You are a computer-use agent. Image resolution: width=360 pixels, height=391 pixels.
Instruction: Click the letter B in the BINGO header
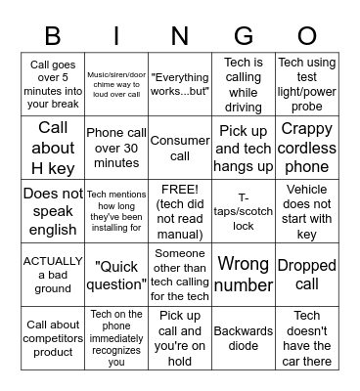click(53, 37)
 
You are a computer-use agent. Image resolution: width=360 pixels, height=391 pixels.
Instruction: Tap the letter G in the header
click(243, 37)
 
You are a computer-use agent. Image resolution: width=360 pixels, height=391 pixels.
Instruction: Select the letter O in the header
click(306, 37)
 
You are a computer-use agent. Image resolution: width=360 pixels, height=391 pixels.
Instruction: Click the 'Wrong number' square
click(244, 275)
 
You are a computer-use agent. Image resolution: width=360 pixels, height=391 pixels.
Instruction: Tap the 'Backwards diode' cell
click(244, 338)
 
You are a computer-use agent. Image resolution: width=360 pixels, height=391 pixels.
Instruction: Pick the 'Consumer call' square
click(180, 148)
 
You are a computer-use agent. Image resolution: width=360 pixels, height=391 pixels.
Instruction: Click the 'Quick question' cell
click(117, 275)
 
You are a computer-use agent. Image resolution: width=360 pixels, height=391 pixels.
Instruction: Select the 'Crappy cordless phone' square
click(306, 148)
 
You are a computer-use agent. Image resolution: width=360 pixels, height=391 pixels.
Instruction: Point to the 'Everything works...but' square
click(180, 84)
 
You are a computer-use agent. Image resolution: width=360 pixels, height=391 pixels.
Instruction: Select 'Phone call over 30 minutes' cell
click(117, 148)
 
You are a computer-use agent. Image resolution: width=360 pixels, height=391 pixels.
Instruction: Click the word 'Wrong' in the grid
click(244, 263)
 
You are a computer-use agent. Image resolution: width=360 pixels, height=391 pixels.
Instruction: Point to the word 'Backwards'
click(244, 331)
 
